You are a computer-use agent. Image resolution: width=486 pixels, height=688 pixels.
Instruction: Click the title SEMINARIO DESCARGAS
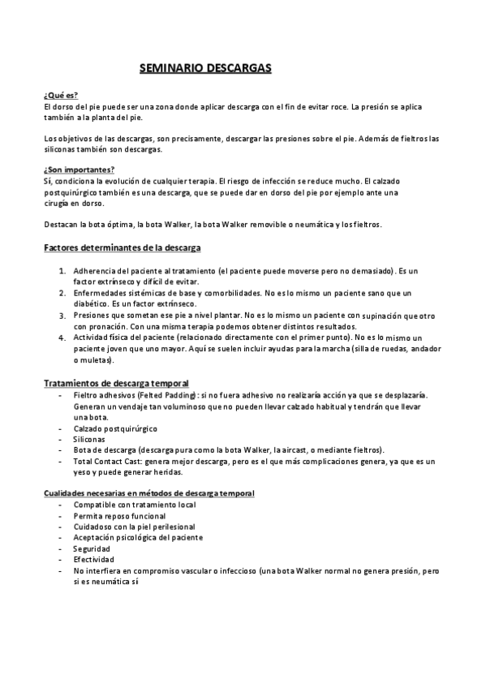204,70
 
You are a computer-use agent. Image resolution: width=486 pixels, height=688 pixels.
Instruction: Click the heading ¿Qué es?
60,96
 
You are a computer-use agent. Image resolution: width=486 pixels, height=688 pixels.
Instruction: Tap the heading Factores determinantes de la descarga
122,246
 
